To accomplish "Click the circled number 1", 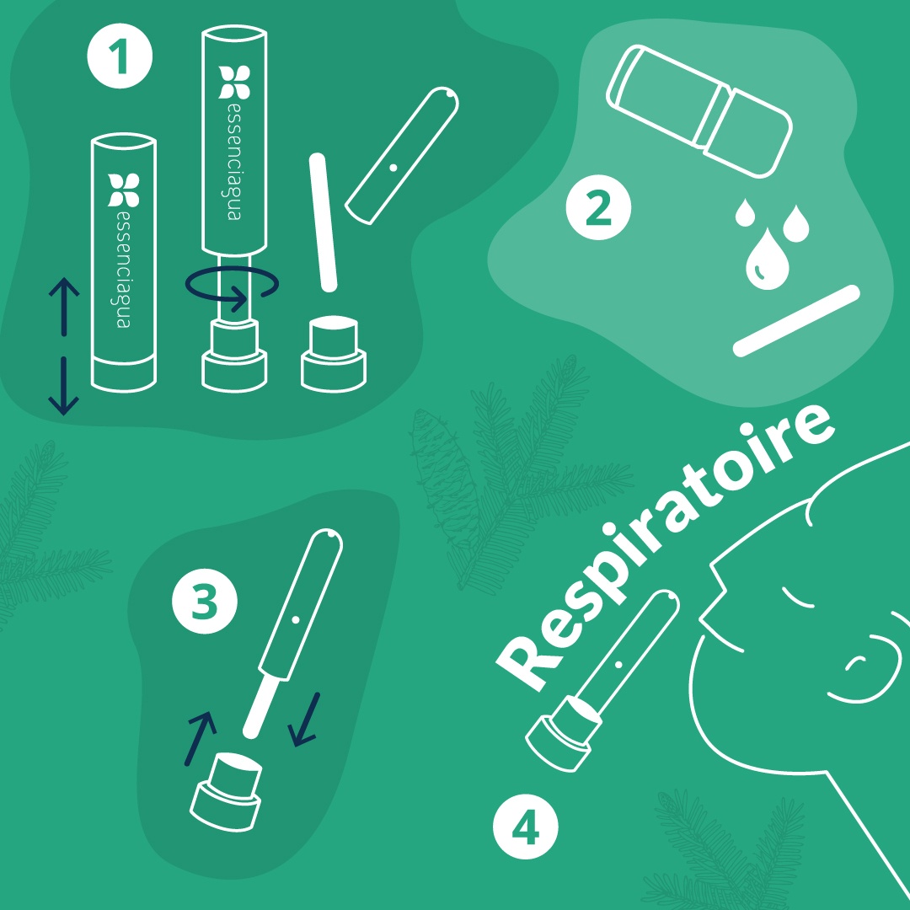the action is pyautogui.click(x=120, y=56).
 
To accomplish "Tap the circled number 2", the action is pyautogui.click(x=598, y=207).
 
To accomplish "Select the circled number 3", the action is pyautogui.click(x=205, y=602).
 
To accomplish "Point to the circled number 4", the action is pyautogui.click(x=525, y=827).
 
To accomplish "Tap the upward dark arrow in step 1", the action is pyautogui.click(x=64, y=307).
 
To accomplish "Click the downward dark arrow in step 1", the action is pyautogui.click(x=64, y=386).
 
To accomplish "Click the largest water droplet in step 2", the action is pyautogui.click(x=767, y=260).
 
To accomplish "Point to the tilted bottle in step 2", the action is pyautogui.click(x=699, y=111).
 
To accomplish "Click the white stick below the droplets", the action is pyautogui.click(x=796, y=320).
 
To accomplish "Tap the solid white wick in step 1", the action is pyautogui.click(x=324, y=222).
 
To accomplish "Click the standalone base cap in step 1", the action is pyautogui.click(x=334, y=353).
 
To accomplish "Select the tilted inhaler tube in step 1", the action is pyautogui.click(x=402, y=156).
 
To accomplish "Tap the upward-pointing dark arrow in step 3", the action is pyautogui.click(x=201, y=738).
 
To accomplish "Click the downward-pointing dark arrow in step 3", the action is pyautogui.click(x=305, y=720).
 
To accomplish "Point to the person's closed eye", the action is pyautogui.click(x=798, y=597).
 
